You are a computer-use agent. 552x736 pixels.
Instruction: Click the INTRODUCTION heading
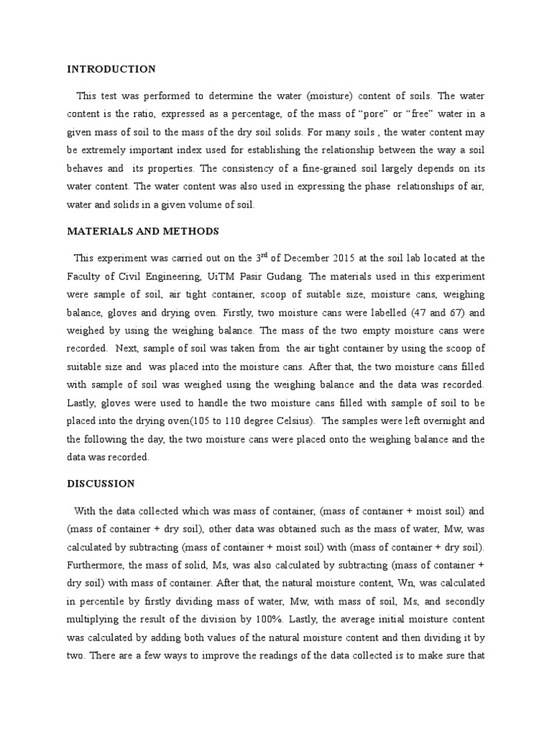pos(111,70)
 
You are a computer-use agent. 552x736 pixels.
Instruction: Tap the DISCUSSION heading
pos(101,484)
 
